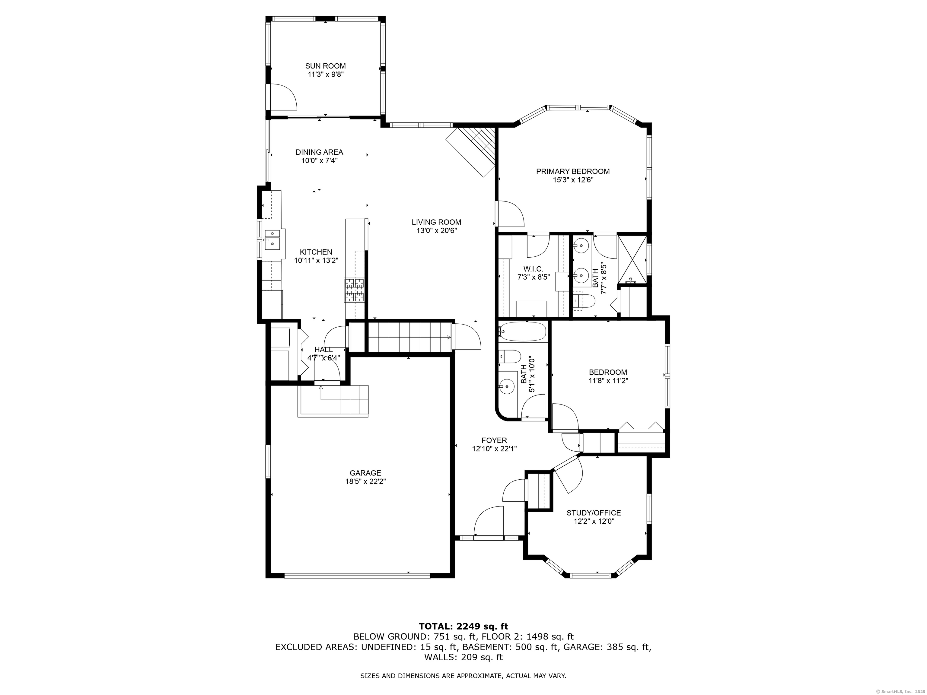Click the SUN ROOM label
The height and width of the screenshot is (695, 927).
click(x=325, y=66)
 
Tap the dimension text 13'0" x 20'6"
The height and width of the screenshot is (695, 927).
click(x=436, y=230)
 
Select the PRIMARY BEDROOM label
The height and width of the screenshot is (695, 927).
click(x=573, y=171)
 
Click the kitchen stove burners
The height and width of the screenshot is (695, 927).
click(x=354, y=290)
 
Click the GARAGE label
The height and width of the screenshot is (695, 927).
click(x=365, y=473)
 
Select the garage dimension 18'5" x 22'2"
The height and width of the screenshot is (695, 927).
click(x=365, y=482)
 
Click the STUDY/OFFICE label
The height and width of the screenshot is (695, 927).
click(x=594, y=513)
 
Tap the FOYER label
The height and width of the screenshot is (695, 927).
click(x=494, y=440)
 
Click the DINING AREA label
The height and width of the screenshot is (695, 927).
click(x=319, y=152)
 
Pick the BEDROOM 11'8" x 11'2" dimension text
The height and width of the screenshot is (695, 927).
click(x=608, y=381)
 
